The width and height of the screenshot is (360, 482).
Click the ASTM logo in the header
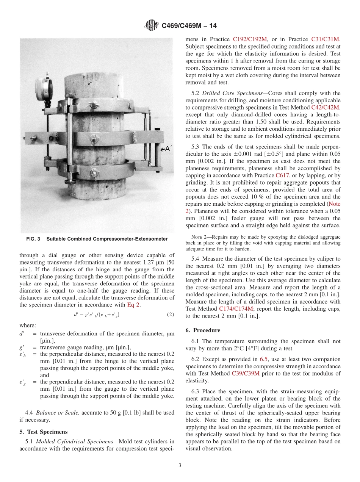(152, 26)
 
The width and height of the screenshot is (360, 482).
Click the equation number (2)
(170, 315)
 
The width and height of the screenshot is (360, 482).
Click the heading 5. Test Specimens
(43, 432)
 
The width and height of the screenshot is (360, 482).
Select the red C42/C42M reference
(325, 108)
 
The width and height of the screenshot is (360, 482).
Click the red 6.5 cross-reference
(263, 359)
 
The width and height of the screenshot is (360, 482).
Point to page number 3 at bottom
(180, 465)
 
